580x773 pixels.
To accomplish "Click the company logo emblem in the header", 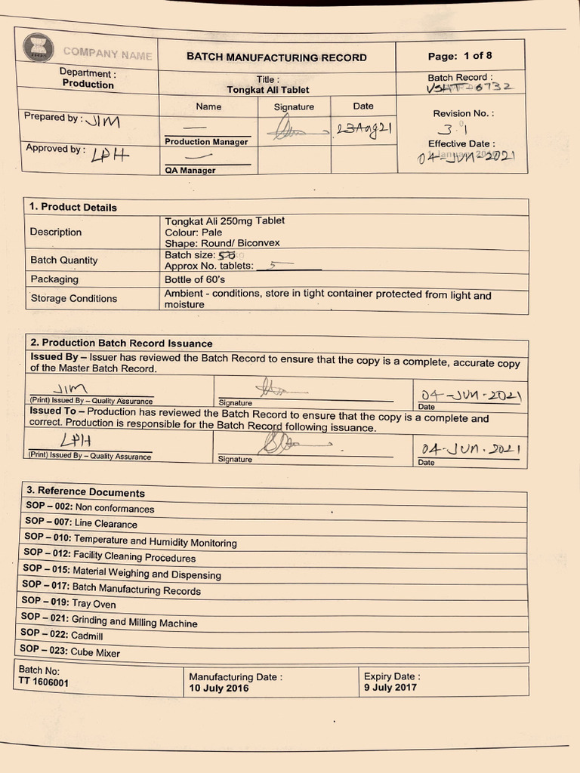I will tap(39, 48).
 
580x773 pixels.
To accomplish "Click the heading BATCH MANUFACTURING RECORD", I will tap(276, 57).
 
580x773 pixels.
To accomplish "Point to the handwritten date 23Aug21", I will tap(364, 129).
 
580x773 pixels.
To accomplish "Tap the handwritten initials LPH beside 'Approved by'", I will tap(110, 155).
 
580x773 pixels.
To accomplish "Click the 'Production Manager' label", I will tap(206, 142).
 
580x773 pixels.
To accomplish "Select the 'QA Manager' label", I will tap(190, 171).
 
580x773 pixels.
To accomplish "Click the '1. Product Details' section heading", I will tap(73, 207).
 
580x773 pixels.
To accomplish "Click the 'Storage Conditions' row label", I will tap(73, 298).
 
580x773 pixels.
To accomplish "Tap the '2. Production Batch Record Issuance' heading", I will tap(121, 343).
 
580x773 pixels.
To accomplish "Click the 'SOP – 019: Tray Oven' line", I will tap(69, 602).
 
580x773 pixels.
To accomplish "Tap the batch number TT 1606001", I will tap(43, 682).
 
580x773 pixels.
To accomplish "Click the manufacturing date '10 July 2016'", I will tap(218, 688).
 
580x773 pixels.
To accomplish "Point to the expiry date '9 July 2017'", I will tap(390, 688).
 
